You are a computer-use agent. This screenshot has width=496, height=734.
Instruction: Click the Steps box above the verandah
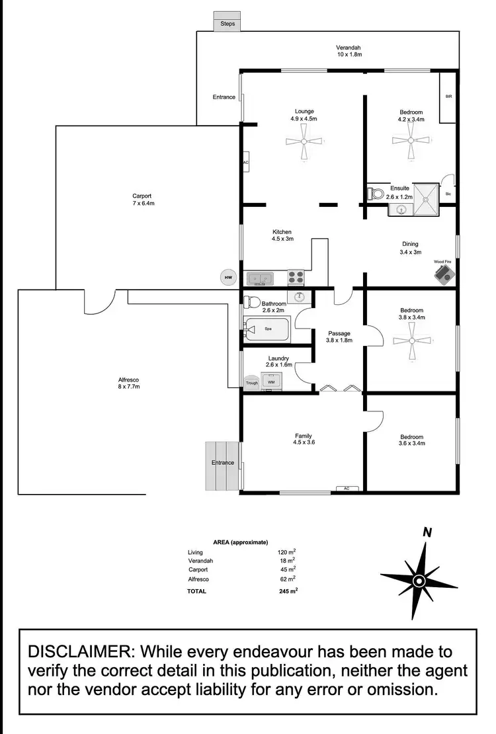tap(227, 23)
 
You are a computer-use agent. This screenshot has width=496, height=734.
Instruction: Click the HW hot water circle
tap(228, 277)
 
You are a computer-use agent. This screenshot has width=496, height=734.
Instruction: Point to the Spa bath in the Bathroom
tap(268, 329)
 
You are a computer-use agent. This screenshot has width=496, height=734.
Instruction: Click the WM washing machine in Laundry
tap(270, 382)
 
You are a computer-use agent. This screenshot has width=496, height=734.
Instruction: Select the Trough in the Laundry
tap(251, 382)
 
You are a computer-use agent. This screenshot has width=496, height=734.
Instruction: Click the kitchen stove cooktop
tap(295, 278)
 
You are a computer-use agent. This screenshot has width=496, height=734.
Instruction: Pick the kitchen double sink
tap(260, 278)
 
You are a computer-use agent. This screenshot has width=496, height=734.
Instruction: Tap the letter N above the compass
tap(427, 532)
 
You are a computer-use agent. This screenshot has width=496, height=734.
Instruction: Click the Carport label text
tap(142, 196)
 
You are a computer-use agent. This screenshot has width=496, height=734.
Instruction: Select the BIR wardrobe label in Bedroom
tap(448, 97)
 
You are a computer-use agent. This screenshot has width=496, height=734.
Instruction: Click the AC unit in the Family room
tap(347, 489)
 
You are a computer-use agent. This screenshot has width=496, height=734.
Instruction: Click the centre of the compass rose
tap(418, 581)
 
